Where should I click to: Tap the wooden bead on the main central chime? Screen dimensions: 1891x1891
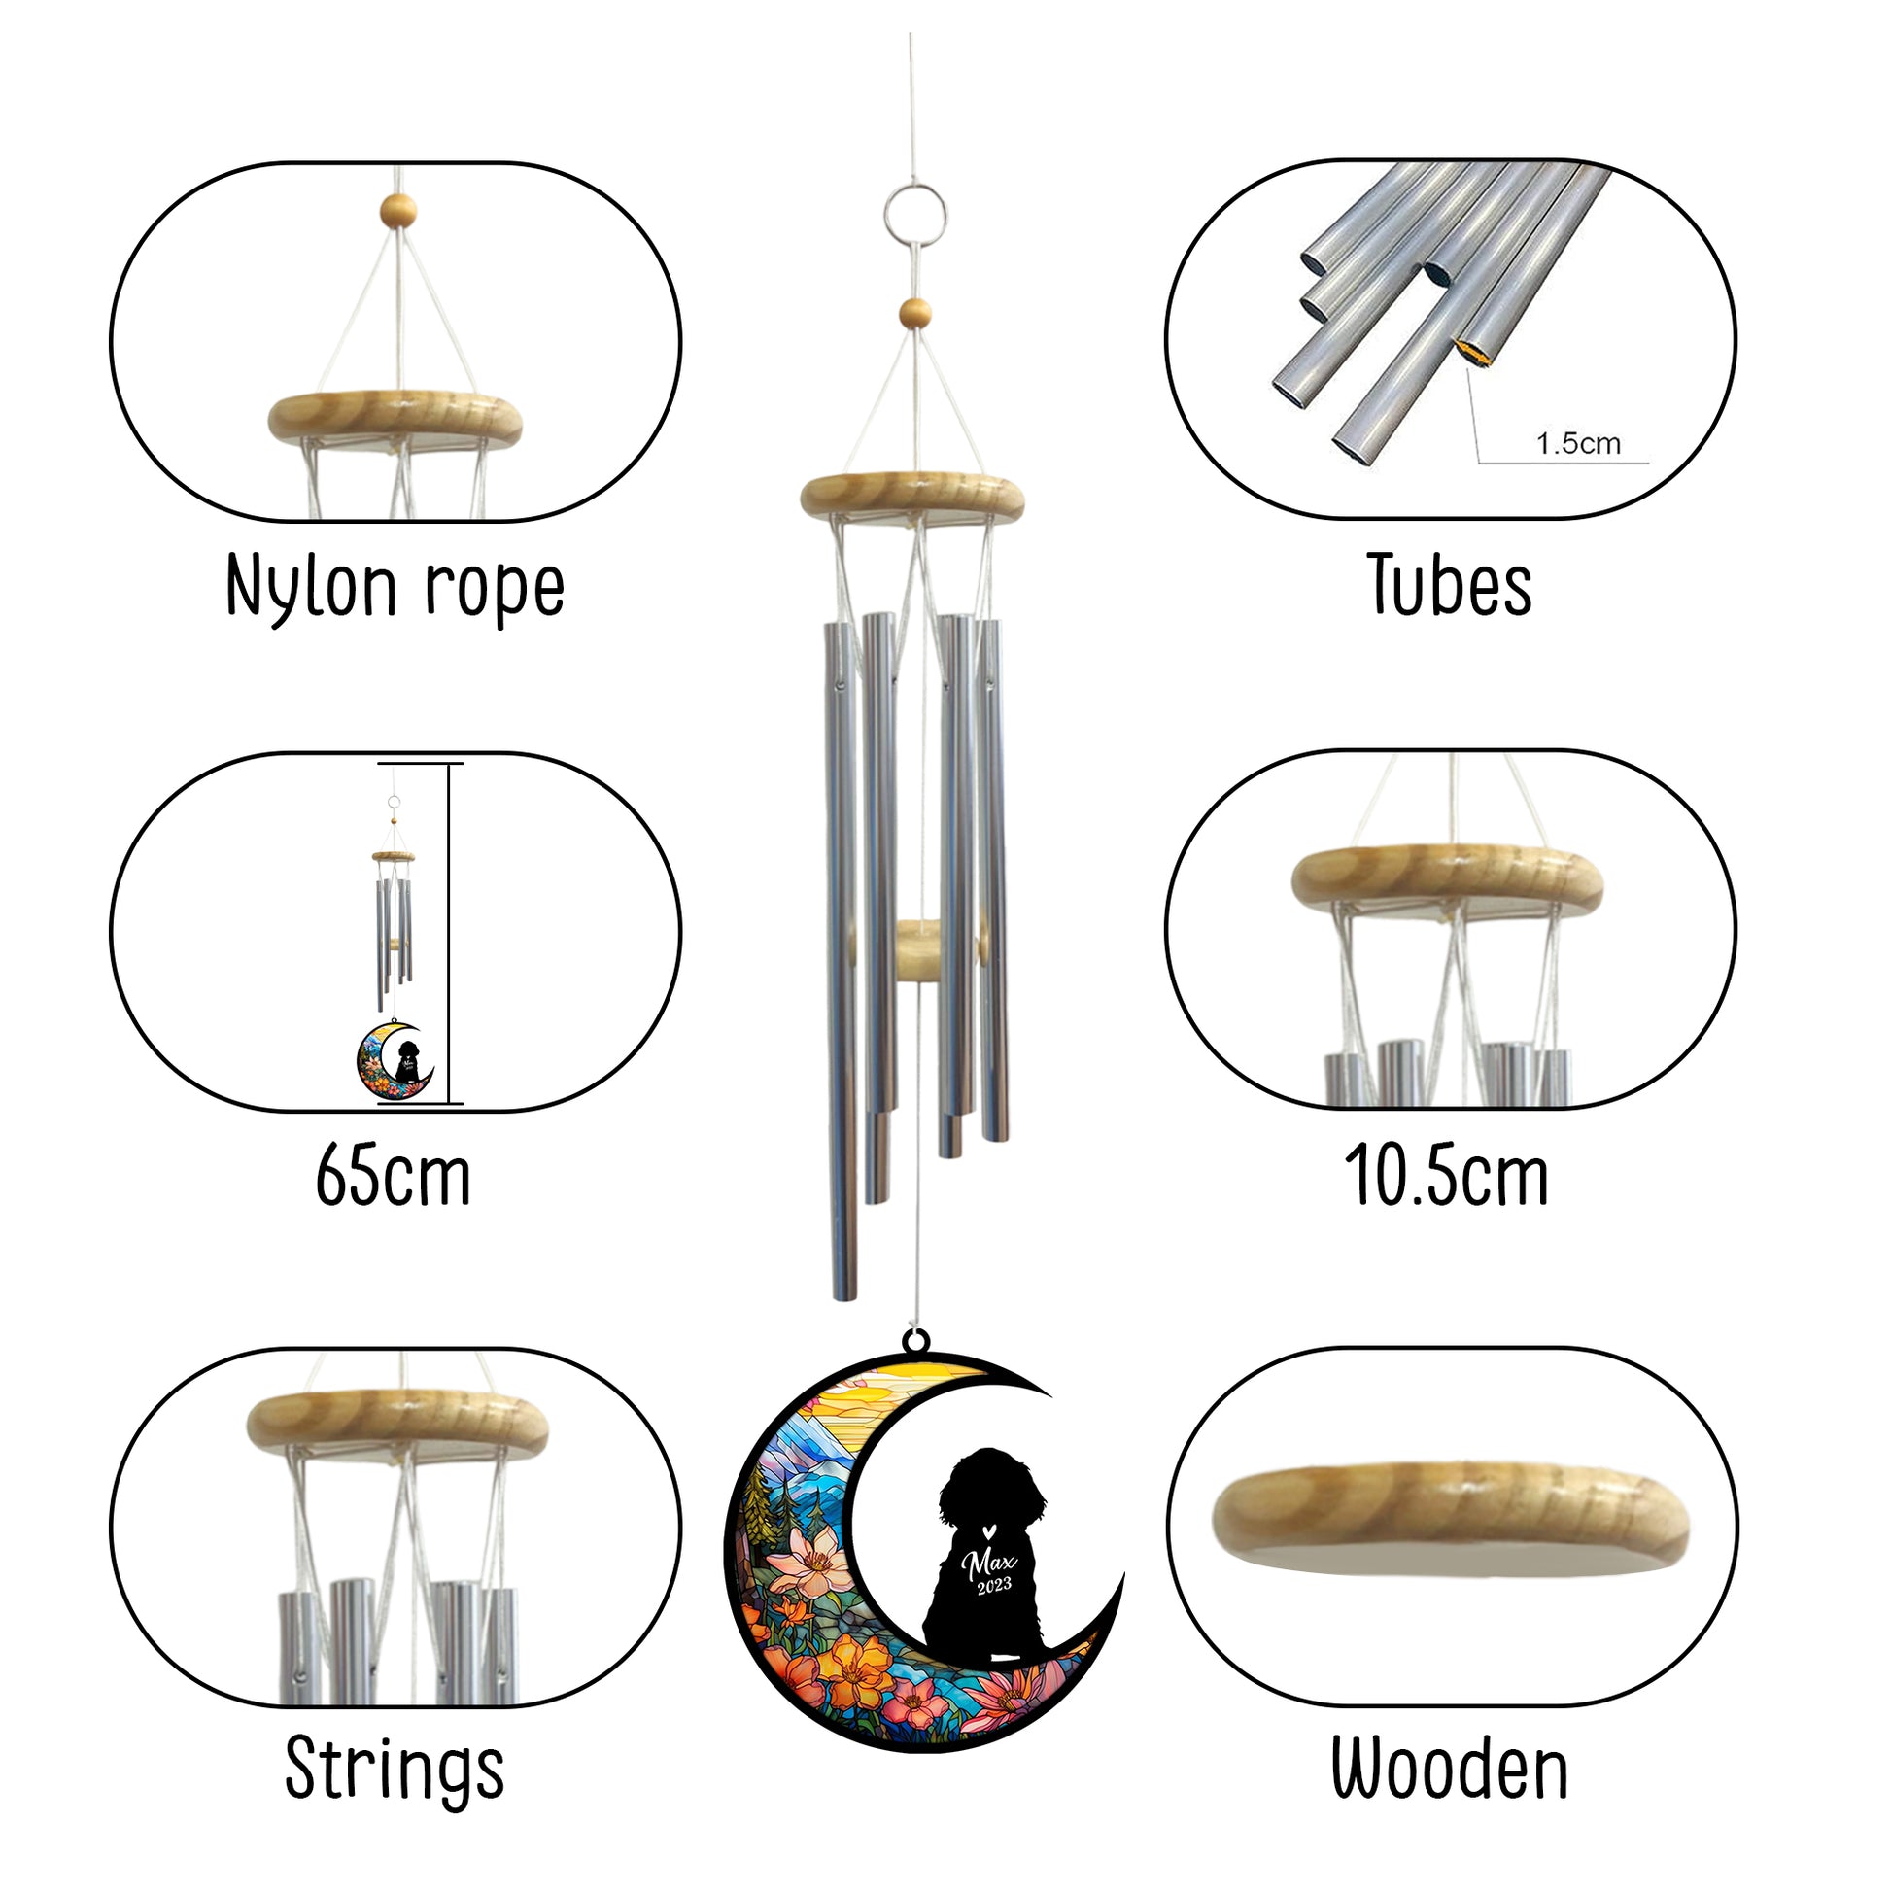915,313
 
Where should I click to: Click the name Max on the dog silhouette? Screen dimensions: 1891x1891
988,1564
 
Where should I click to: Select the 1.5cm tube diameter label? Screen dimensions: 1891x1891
1578,443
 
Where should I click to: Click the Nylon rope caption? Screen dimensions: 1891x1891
395,587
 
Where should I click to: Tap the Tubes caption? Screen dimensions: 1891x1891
1449,585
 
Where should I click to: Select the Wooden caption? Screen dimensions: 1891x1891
1450,1769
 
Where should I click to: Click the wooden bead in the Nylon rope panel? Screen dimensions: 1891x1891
398,209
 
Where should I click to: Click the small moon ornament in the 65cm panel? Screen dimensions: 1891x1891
395,1060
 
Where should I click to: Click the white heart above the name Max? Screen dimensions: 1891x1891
989,1527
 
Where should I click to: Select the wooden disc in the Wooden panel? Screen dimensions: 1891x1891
1451,1521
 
